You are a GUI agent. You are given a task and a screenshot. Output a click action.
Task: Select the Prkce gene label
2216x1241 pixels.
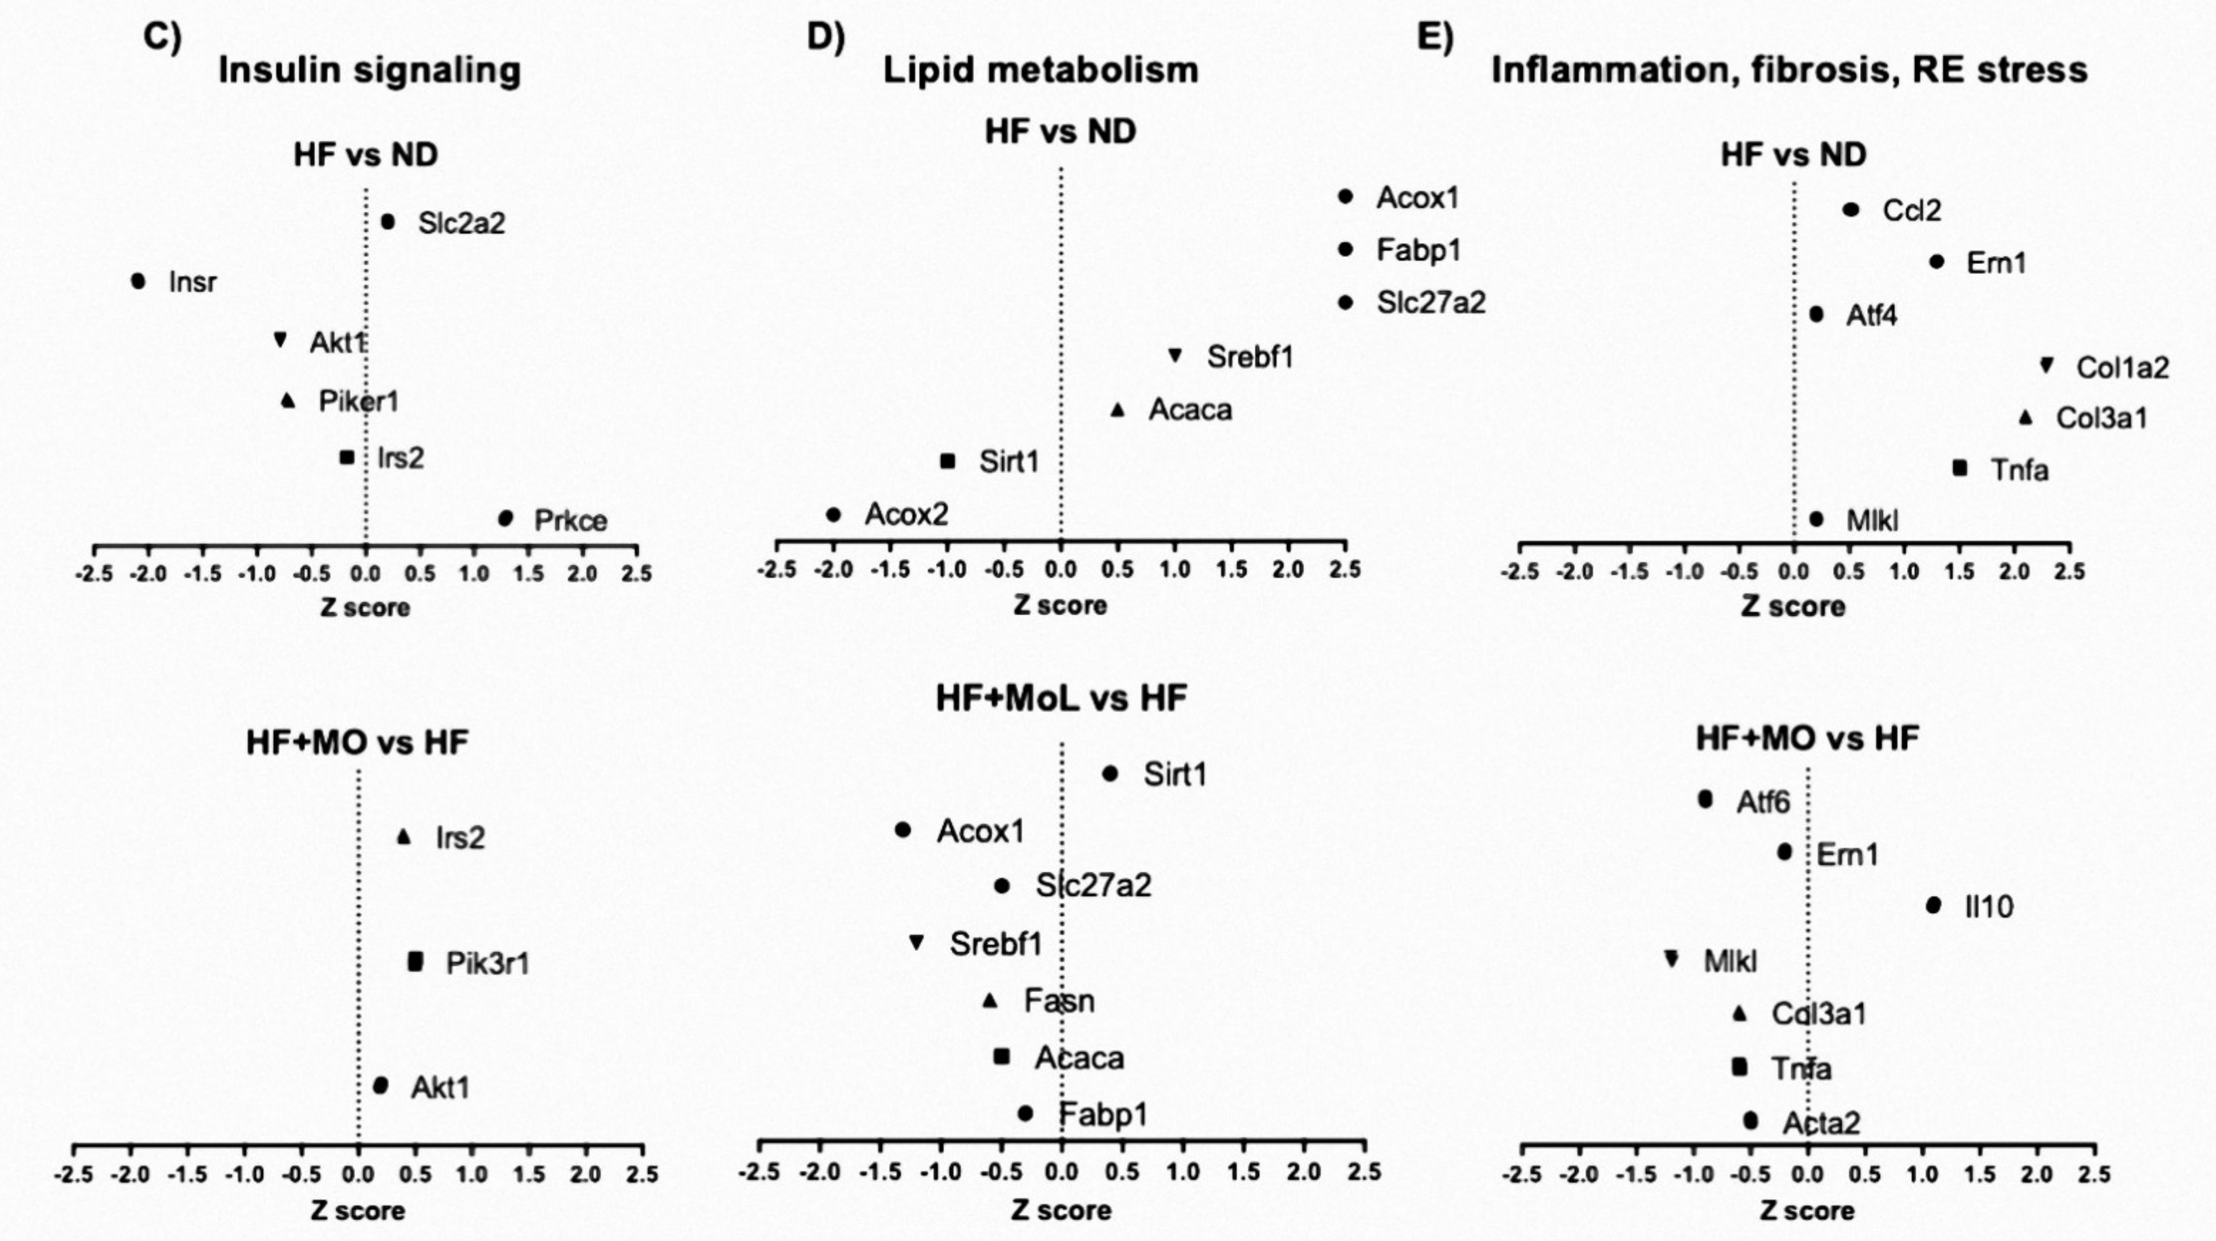(x=570, y=520)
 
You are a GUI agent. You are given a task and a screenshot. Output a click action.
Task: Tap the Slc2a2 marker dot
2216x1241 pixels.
(x=388, y=222)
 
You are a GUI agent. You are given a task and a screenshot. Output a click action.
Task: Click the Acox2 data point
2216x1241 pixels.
(x=833, y=514)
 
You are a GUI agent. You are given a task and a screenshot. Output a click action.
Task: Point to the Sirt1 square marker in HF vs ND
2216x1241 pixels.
(x=947, y=461)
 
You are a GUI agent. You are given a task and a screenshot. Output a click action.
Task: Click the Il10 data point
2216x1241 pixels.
(x=1933, y=905)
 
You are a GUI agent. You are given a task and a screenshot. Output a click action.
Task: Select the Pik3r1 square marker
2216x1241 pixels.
(x=416, y=961)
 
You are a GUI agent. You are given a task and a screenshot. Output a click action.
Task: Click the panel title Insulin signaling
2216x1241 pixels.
(x=369, y=70)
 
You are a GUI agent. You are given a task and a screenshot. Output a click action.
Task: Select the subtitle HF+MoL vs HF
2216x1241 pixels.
(x=1061, y=698)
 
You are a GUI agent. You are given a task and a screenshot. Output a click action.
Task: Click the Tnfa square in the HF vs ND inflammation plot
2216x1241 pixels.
(x=1960, y=468)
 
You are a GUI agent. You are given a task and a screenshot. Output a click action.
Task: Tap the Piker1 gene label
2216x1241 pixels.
(x=358, y=401)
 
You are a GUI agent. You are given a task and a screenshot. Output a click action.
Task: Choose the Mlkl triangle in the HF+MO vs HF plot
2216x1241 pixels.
(x=1672, y=958)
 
